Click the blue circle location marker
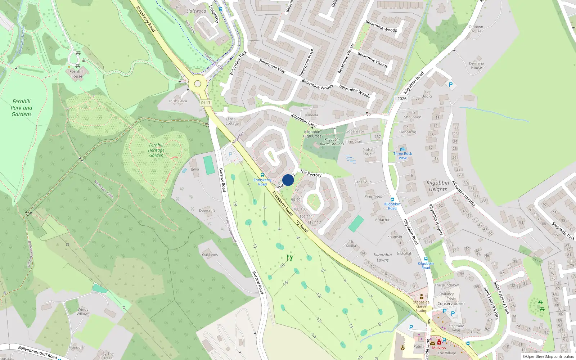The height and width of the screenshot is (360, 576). (x=288, y=180)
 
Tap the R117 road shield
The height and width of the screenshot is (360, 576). (x=206, y=103)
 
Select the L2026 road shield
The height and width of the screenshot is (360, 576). (x=401, y=99)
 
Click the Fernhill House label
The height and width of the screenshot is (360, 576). (x=76, y=74)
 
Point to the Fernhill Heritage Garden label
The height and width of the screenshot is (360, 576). (x=156, y=150)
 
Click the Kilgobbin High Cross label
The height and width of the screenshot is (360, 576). (x=312, y=134)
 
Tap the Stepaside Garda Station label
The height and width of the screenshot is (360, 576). (x=421, y=306)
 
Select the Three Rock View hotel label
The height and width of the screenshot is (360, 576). (x=402, y=156)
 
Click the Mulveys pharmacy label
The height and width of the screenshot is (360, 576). (x=439, y=348)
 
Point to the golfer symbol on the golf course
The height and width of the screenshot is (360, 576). (x=290, y=258)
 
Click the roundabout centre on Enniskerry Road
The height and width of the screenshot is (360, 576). (x=197, y=84)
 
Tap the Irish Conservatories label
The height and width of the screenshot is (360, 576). (x=451, y=301)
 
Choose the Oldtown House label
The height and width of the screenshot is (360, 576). (x=476, y=29)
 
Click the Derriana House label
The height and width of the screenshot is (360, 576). (x=476, y=66)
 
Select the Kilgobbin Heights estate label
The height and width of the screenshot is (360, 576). (x=438, y=186)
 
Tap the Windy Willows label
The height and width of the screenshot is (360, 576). (x=83, y=311)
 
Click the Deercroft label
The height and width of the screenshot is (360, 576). (x=207, y=211)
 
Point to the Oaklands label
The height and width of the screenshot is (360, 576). (x=210, y=255)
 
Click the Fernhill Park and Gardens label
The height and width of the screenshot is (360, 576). (x=22, y=108)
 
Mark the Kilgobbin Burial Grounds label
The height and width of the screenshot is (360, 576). (x=332, y=141)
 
